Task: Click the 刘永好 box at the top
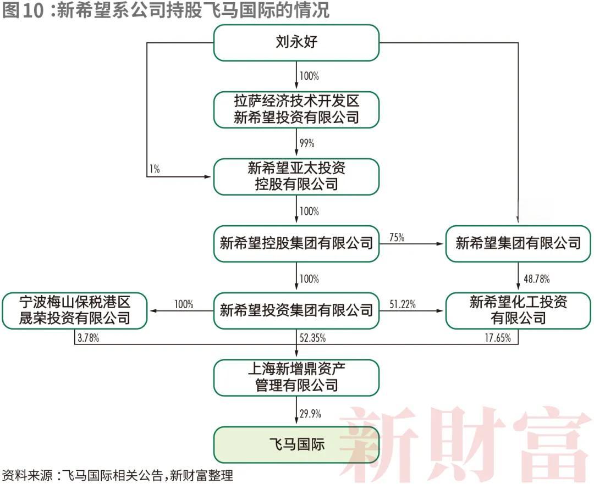296,43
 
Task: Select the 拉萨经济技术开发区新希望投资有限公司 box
296,109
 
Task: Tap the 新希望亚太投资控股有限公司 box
296,176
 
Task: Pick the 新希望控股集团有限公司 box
296,243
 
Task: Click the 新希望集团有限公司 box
518,243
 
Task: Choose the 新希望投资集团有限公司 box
296,311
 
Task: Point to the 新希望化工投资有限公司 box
518,310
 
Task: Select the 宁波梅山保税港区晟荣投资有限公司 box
74,310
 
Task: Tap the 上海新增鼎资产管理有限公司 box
296,377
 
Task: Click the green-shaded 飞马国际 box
296,444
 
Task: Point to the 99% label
307,143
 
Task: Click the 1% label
155,170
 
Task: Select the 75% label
397,237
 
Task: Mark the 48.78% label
536,279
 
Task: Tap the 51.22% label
403,304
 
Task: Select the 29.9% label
311,414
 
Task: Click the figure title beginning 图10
166,10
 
